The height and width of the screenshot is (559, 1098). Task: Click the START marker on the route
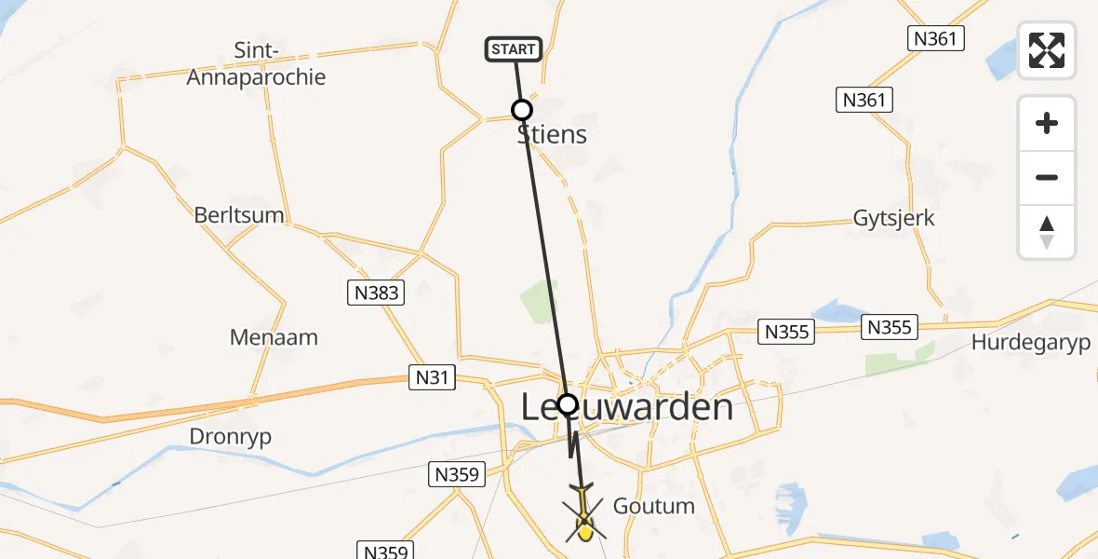point(513,49)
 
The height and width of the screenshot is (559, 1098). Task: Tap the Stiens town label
point(553,135)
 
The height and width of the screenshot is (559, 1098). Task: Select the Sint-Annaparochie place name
point(256,64)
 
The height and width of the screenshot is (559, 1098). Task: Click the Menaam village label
point(274,336)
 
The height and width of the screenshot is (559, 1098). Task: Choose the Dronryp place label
point(230,437)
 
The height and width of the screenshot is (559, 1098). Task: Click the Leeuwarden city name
point(626,407)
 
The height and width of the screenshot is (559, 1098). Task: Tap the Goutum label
point(653,506)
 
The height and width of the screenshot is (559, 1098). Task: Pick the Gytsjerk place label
point(893,218)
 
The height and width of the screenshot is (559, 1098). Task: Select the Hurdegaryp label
point(1030,343)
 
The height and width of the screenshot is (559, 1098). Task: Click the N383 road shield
point(377,293)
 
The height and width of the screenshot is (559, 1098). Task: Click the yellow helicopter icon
point(584,517)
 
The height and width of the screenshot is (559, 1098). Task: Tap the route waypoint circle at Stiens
point(522,110)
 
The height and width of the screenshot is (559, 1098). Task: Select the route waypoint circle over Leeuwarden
point(567,404)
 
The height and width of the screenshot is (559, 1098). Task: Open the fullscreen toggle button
point(1047,50)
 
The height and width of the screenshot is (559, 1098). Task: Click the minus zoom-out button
point(1047,178)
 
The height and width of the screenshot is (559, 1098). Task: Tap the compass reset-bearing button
point(1047,232)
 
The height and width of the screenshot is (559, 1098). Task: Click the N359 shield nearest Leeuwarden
point(457,475)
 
